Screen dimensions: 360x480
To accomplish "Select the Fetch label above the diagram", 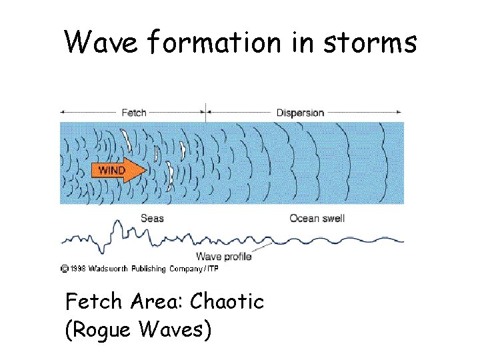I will pos(134,113).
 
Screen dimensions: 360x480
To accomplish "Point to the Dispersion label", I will pos(300,113).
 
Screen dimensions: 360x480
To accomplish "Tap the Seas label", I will pos(152,218).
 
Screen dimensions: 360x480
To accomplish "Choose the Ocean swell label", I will pos(317,218).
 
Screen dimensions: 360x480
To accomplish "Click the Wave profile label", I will pos(223,257).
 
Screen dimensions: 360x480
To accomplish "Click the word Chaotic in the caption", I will pos(227,301).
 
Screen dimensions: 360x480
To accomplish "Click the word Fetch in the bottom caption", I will pos(93,301).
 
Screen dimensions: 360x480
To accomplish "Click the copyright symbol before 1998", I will pos(64,269).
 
